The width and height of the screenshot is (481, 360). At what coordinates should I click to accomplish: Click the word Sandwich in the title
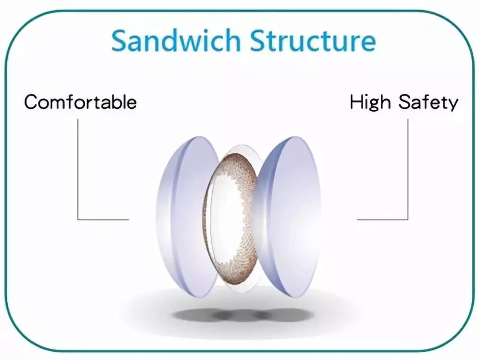pyautogui.click(x=176, y=41)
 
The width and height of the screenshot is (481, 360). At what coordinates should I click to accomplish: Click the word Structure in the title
pyautogui.click(x=313, y=41)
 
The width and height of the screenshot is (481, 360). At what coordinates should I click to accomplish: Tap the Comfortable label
pyautogui.click(x=80, y=102)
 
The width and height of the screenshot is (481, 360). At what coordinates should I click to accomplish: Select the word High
pyautogui.click(x=370, y=102)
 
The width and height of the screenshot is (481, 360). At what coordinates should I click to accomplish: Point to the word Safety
pyautogui.click(x=428, y=102)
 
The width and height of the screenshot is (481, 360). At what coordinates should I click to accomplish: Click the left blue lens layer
pyautogui.click(x=187, y=217)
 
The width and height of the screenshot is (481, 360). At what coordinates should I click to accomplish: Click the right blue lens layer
pyautogui.click(x=287, y=217)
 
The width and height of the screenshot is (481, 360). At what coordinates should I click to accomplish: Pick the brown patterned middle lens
pyautogui.click(x=235, y=217)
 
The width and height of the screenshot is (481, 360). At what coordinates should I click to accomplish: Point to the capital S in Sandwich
pyautogui.click(x=120, y=40)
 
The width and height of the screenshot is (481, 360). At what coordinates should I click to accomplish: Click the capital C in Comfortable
pyautogui.click(x=32, y=102)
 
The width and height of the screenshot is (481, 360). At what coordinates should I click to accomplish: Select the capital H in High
pyautogui.click(x=357, y=102)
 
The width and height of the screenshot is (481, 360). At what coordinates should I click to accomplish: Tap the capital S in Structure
pyautogui.click(x=258, y=40)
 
